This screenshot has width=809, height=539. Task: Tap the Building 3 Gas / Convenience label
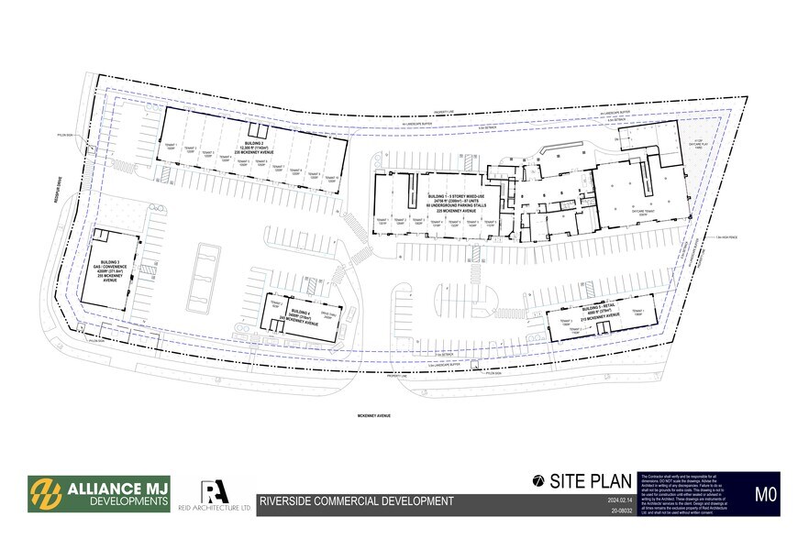click(113, 272)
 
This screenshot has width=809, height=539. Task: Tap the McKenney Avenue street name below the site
click(373, 415)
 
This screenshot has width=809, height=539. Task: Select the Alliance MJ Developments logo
click(99, 493)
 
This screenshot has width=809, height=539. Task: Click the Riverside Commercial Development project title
click(356, 501)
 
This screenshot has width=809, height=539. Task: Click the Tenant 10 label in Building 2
click(330, 179)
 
